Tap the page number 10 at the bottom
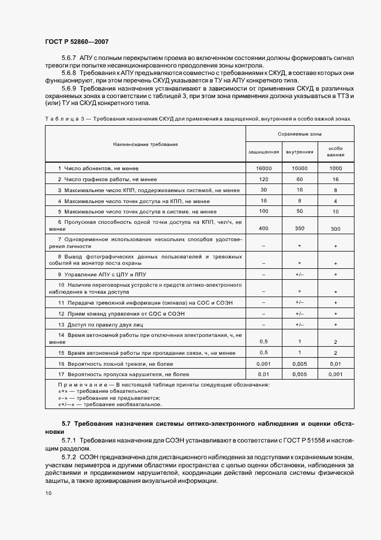pyautogui.click(x=48, y=493)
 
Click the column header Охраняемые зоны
pyautogui.click(x=299, y=133)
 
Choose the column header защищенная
pyautogui.click(x=263, y=152)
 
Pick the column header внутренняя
pyautogui.click(x=299, y=152)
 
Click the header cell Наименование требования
pyautogui.click(x=145, y=144)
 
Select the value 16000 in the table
pyautogui.click(x=263, y=168)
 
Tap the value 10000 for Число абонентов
pyautogui.click(x=299, y=168)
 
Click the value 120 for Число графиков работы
pyautogui.click(x=263, y=179)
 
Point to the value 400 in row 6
pyautogui.click(x=263, y=228)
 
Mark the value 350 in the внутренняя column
pyautogui.click(x=299, y=228)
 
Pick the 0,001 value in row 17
pyautogui.click(x=335, y=375)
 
